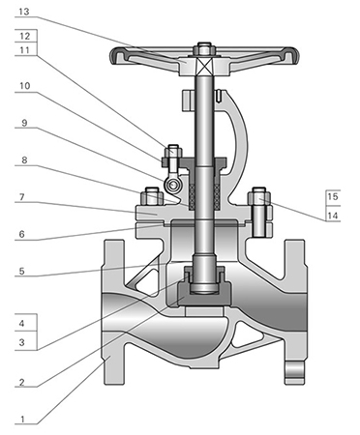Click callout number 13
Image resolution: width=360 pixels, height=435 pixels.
(24, 12)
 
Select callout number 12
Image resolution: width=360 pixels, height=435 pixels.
(25, 36)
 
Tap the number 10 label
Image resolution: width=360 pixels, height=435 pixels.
(25, 86)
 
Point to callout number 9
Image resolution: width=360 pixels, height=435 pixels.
(24, 123)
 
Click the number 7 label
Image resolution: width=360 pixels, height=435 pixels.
(22, 196)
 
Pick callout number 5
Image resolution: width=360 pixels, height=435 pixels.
(21, 271)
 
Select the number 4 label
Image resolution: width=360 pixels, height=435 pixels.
(21, 323)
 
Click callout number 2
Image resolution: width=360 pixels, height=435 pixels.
(21, 382)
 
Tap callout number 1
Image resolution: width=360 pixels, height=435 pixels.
(22, 420)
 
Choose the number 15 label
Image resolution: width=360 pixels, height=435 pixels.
(333, 196)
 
